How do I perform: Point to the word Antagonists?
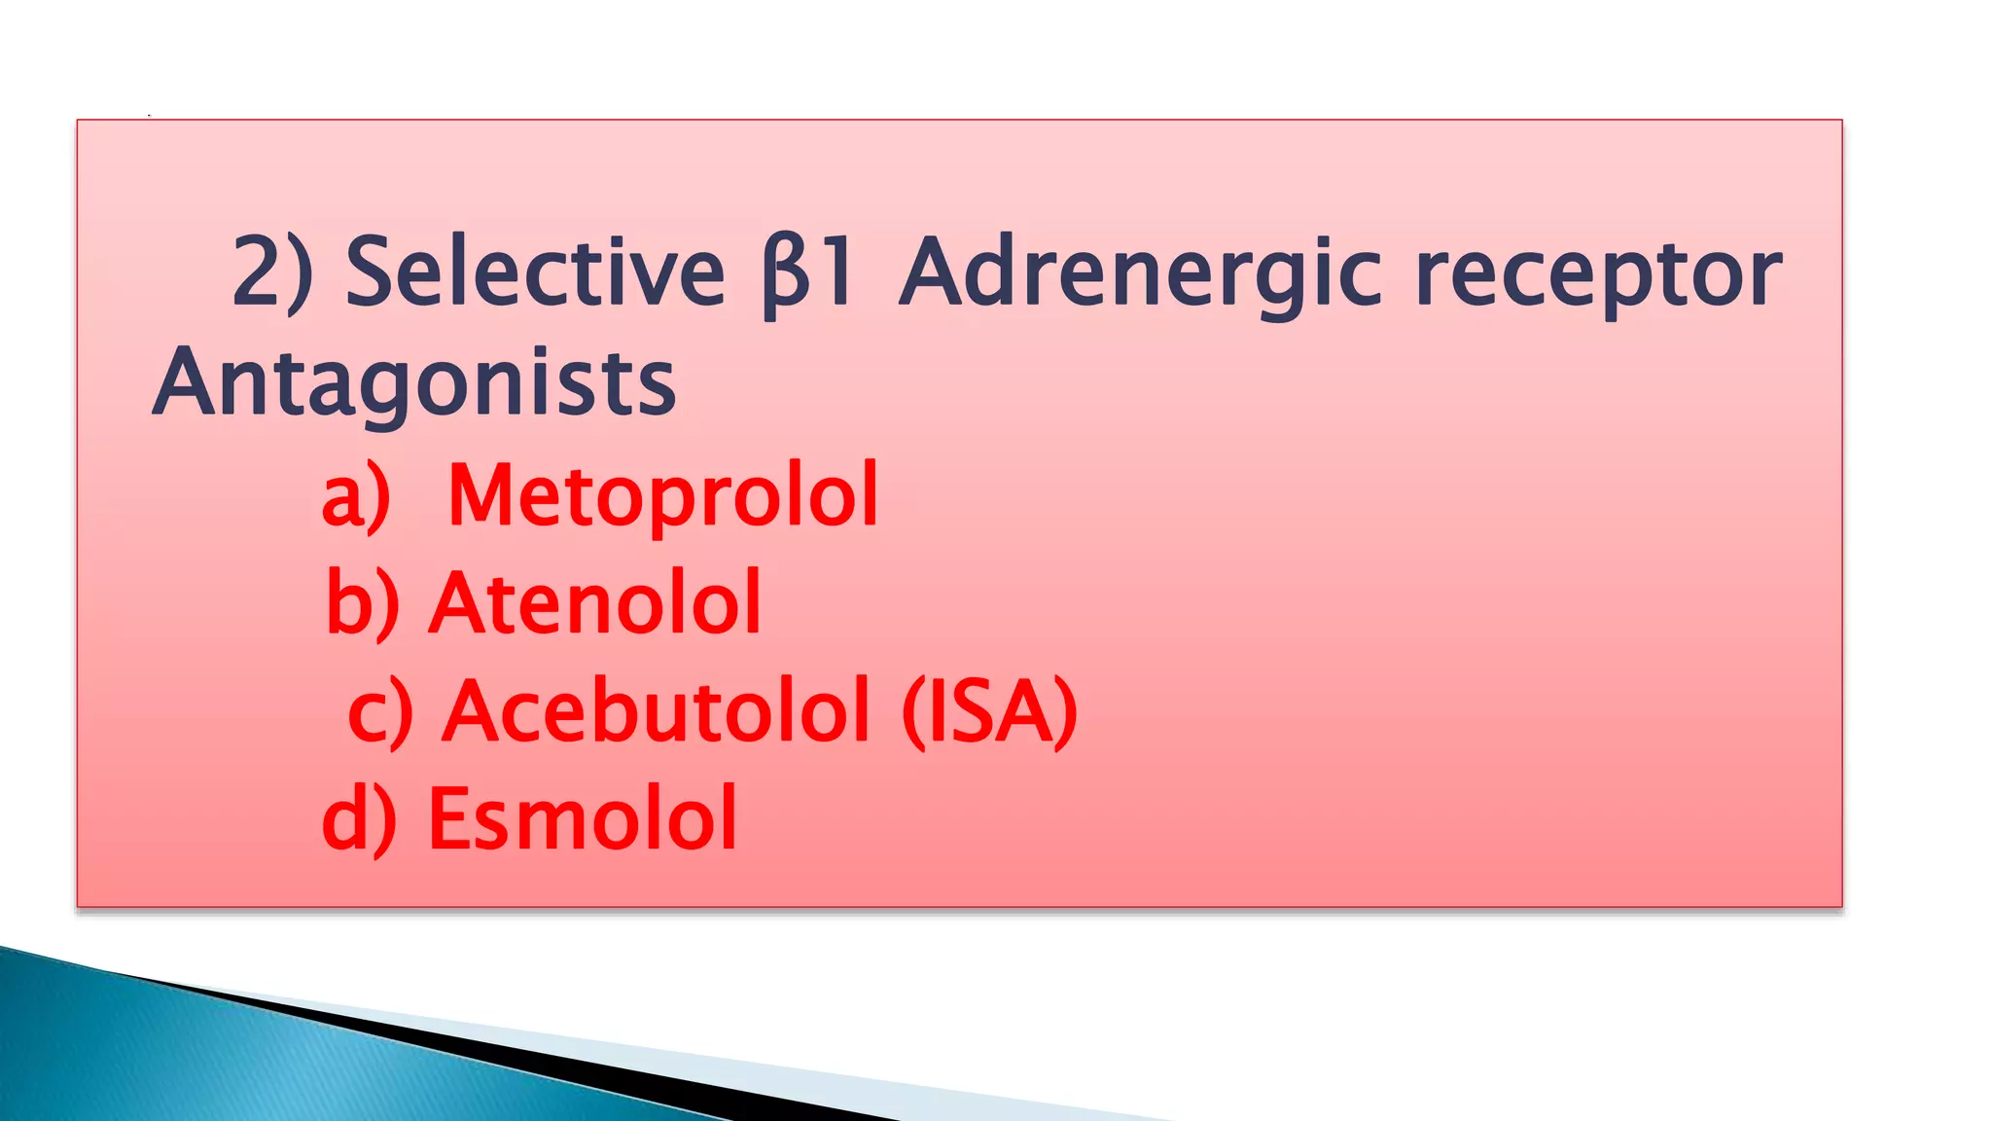click(x=414, y=383)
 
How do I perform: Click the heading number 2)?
click(x=273, y=271)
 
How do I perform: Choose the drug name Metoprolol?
click(x=662, y=496)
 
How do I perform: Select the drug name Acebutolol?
click(x=657, y=711)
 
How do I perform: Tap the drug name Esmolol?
click(x=582, y=818)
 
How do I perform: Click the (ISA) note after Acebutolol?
click(x=990, y=712)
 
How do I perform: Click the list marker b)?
click(x=362, y=603)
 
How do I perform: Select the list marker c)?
click(x=380, y=713)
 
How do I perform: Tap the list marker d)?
click(x=359, y=819)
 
